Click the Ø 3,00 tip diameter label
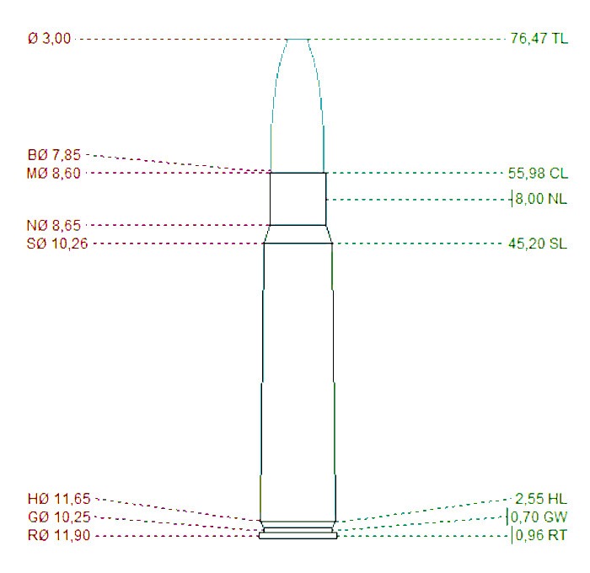[x=50, y=39]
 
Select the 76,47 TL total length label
[x=539, y=39]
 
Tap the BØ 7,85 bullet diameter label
[x=55, y=155]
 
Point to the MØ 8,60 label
[x=56, y=174]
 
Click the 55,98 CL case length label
[x=539, y=174]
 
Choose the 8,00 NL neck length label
[x=542, y=200]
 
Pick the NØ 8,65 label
[x=56, y=226]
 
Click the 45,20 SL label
[x=539, y=244]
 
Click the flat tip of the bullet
[x=298, y=40]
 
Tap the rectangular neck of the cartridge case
[x=298, y=199]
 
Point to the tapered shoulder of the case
[x=298, y=234]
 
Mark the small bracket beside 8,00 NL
[x=512, y=200]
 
